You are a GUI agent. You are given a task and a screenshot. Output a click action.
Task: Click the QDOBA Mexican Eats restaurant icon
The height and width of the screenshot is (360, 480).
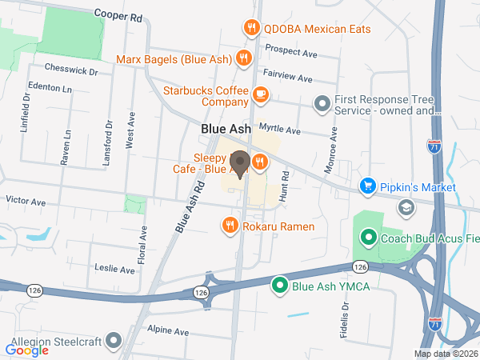251,27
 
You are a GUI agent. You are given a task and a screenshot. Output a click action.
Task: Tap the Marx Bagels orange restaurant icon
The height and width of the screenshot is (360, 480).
243,58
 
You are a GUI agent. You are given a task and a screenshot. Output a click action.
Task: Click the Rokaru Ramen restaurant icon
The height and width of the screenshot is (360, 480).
230,226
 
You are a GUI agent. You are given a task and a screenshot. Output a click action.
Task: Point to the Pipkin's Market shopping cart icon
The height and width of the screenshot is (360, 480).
367,186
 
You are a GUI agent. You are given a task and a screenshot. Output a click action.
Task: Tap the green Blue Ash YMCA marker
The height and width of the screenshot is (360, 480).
279,285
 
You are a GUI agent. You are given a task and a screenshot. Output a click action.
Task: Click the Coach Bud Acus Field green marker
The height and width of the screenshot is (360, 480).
369,238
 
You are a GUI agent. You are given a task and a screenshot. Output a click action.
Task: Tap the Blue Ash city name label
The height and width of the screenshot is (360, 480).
226,128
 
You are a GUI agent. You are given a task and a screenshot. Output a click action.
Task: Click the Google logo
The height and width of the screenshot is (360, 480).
26,350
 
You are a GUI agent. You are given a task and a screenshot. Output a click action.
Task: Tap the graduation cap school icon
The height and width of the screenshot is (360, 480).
406,208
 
